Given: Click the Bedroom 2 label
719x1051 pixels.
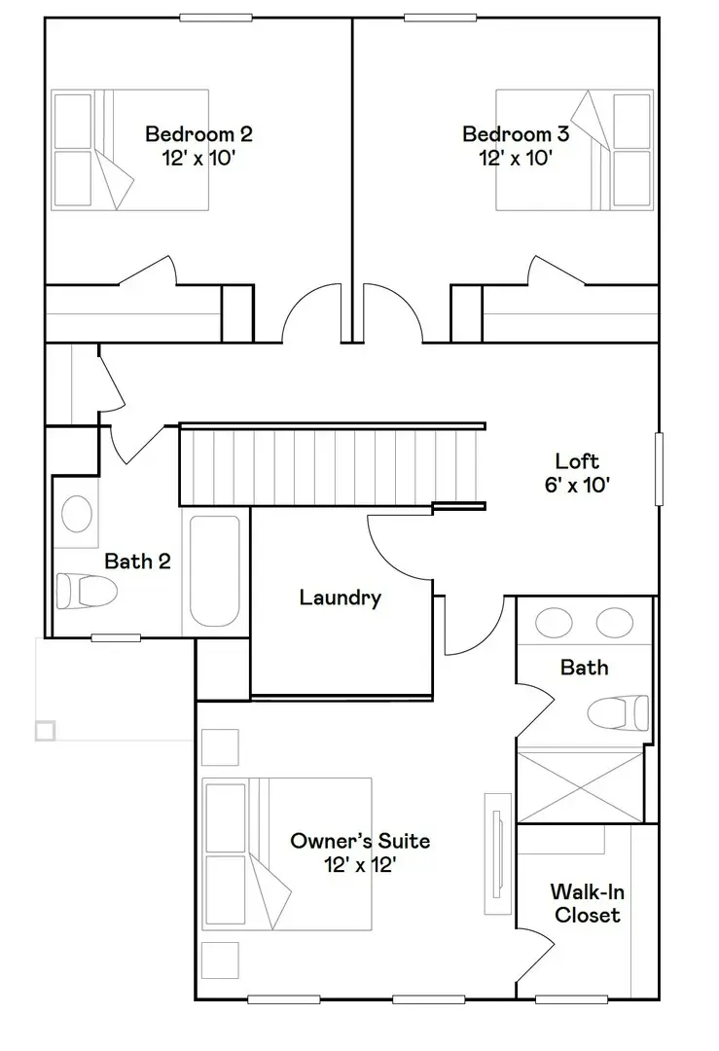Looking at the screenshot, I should [x=198, y=134].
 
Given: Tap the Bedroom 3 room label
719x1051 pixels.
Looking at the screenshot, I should [x=516, y=134].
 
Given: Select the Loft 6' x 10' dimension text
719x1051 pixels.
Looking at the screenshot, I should [x=577, y=484].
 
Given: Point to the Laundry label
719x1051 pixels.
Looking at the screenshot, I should [x=340, y=598].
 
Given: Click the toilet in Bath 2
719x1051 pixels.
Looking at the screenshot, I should [x=85, y=590].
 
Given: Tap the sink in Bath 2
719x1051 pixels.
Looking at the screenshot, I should [x=77, y=514].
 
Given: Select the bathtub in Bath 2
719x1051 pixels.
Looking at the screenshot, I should [x=214, y=570].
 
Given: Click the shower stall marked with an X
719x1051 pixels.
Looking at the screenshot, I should [x=580, y=784].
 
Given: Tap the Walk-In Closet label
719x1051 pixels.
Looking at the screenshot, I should [x=585, y=902].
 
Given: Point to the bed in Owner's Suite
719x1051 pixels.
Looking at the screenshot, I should [x=287, y=853].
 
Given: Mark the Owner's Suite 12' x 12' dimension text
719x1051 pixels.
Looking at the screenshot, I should [x=360, y=864].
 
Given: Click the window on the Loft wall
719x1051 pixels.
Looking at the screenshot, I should [x=659, y=470].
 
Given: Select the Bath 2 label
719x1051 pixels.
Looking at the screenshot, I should [x=137, y=561].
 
